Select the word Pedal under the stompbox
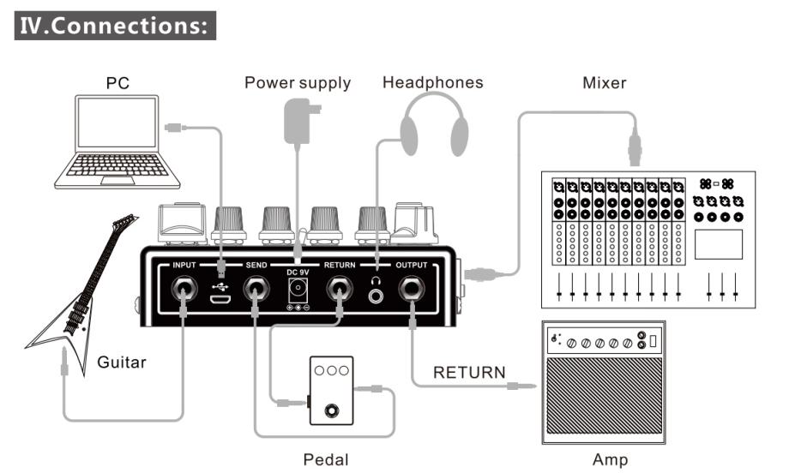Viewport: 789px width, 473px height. pos(326,459)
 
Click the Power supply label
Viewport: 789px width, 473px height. pos(298,83)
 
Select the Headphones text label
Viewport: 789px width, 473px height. pos(433,83)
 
